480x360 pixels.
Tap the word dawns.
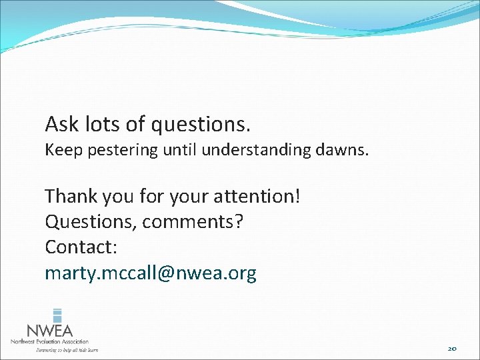(345, 151)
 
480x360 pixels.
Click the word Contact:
(81, 247)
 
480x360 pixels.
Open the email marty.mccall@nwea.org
(151, 273)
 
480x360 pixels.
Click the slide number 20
(451, 348)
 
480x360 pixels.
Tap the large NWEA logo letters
(49, 331)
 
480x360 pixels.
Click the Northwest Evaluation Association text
(49, 341)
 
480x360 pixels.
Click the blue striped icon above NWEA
(57, 315)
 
